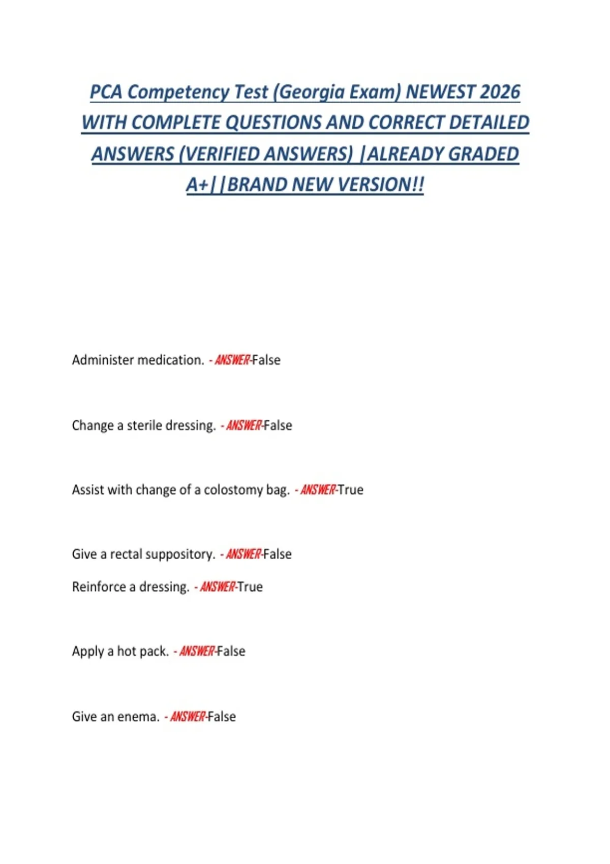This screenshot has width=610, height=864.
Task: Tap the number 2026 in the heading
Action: click(x=500, y=92)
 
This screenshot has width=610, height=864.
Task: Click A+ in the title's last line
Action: click(x=198, y=184)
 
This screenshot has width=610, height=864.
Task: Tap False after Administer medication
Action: click(x=266, y=360)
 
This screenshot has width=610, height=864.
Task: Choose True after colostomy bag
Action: click(x=351, y=490)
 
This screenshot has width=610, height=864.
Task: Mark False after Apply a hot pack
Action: click(x=231, y=652)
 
